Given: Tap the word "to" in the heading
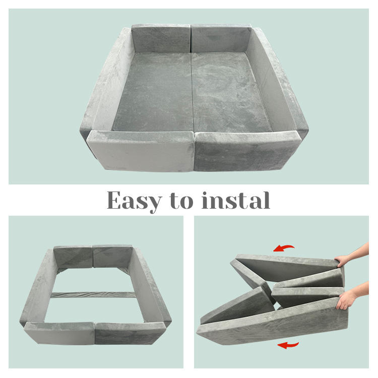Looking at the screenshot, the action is pyautogui.click(x=181, y=201).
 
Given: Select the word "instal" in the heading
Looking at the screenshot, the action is pyautogui.click(x=236, y=200).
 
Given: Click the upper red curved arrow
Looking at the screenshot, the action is pyautogui.click(x=284, y=248).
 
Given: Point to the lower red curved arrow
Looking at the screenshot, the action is pyautogui.click(x=288, y=345).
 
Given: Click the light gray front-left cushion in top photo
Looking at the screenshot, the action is pyautogui.click(x=141, y=151).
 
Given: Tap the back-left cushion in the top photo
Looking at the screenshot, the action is pyautogui.click(x=161, y=38).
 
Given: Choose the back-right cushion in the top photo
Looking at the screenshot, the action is pyautogui.click(x=221, y=38).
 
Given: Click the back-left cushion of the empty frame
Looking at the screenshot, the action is pyautogui.click(x=73, y=257).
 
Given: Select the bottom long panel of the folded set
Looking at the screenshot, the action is pyautogui.click(x=272, y=321).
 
